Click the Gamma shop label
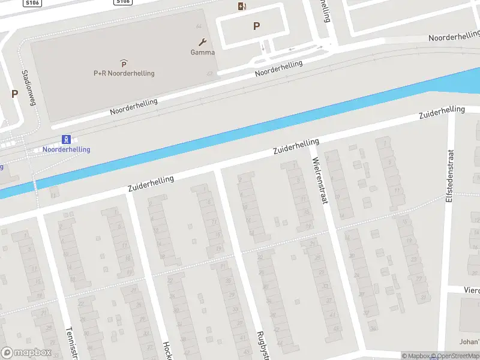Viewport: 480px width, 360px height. [203, 52]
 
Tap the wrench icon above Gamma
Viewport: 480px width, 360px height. [203, 42]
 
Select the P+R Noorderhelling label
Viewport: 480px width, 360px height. [124, 73]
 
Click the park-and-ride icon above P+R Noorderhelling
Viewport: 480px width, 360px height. [124, 63]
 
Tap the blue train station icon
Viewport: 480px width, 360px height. [67, 139]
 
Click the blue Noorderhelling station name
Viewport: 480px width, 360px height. [66, 149]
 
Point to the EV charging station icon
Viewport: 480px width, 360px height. [242, 6]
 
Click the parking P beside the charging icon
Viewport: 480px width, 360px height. [257, 26]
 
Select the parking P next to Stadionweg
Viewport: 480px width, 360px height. [14, 94]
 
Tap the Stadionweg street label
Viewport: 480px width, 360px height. [28, 88]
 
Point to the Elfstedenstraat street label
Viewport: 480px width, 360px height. [449, 175]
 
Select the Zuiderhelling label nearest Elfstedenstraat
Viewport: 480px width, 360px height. [442, 112]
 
